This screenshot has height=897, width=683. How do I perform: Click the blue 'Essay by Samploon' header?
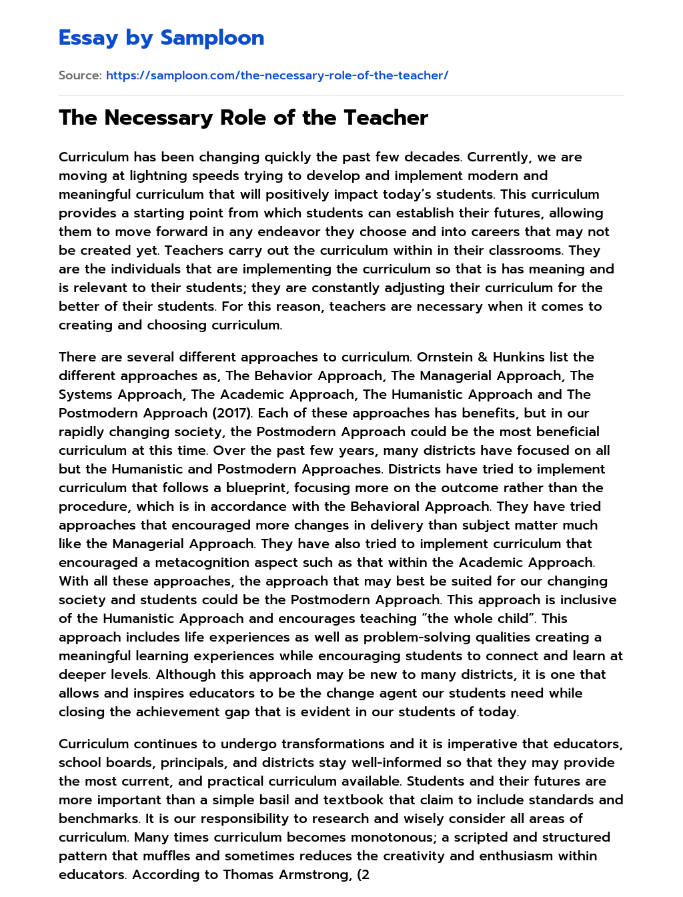click(161, 37)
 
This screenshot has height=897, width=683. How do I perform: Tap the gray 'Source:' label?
click(80, 75)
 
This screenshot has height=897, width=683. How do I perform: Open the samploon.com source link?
click(277, 75)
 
